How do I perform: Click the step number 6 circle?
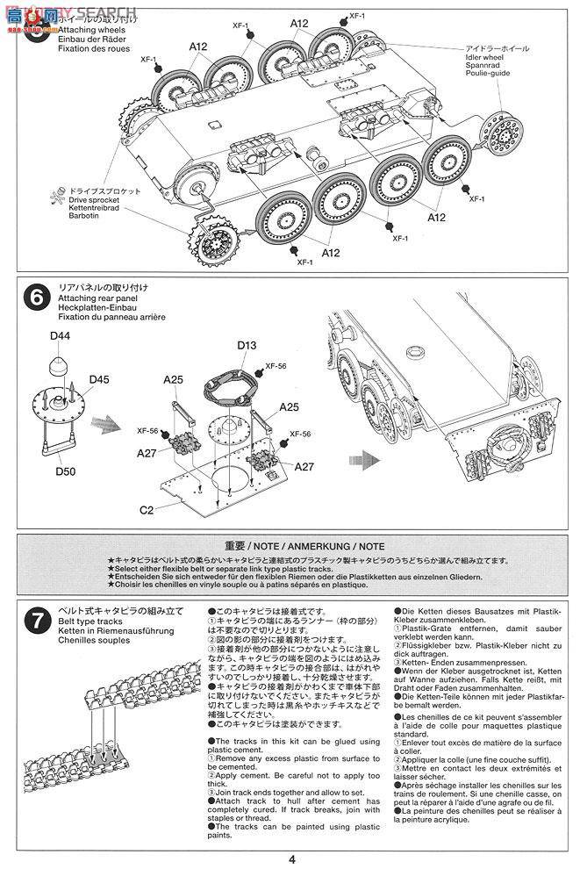tap(36, 298)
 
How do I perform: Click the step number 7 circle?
tap(36, 622)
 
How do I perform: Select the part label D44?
tap(60, 336)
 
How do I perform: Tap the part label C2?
tap(148, 509)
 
